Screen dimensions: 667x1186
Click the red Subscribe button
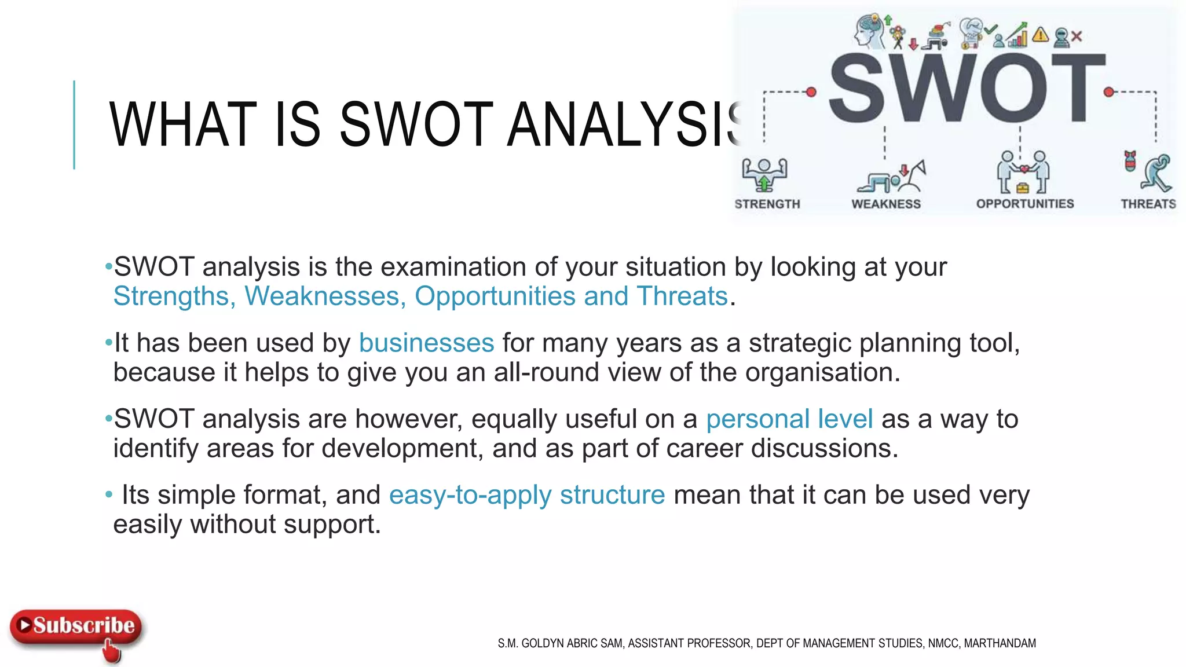coord(76,626)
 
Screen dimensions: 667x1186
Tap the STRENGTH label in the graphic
coord(767,204)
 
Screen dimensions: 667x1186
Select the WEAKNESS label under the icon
coord(886,204)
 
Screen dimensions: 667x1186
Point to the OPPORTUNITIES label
coord(1025,204)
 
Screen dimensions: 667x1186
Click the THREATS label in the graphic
coord(1148,204)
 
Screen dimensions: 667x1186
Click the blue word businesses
coord(426,343)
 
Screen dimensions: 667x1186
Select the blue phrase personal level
coord(789,419)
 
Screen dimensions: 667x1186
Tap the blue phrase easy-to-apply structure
coord(527,495)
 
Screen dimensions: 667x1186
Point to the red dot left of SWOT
coord(811,91)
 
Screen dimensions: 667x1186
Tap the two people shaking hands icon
coord(1023,172)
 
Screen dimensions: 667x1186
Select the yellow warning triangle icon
coord(1041,35)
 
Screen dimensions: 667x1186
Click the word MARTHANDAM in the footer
coord(1000,643)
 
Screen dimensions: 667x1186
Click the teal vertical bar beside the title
coord(74,124)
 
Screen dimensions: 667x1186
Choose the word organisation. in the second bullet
coord(822,372)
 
